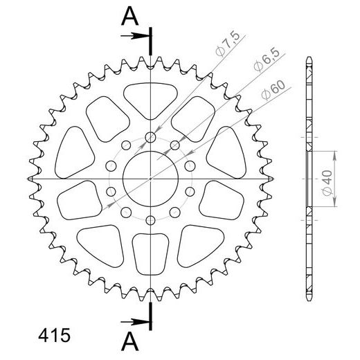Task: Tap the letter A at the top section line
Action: (x=129, y=16)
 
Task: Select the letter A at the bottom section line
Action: (x=129, y=341)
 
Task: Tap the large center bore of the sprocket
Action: (x=150, y=178)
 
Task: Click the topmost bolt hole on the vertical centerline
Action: (x=150, y=138)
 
